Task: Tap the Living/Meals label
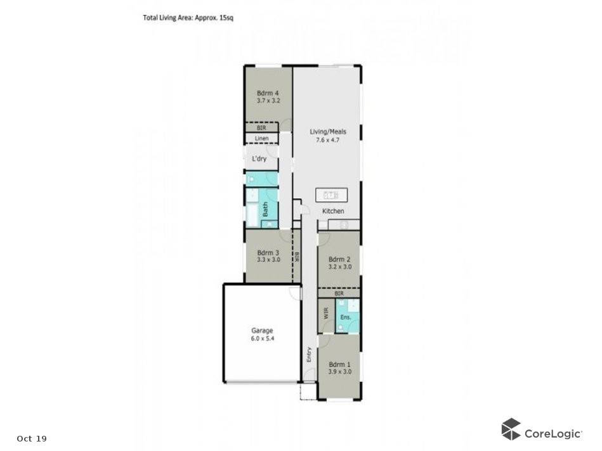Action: [x=328, y=132]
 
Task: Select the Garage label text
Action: [x=262, y=331]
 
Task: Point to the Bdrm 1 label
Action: [x=339, y=364]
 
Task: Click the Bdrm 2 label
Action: [x=339, y=259]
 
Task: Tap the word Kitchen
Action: [x=333, y=211]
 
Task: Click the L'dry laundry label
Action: [x=259, y=158]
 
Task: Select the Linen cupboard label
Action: [x=261, y=139]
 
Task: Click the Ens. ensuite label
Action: [x=346, y=317]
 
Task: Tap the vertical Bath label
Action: [x=265, y=208]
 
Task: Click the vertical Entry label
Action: [x=309, y=355]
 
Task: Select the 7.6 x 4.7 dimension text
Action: [x=328, y=140]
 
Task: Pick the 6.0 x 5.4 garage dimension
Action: [x=262, y=339]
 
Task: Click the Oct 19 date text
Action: [x=32, y=438]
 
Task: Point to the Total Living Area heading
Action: [x=188, y=18]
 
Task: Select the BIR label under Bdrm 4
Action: [x=261, y=128]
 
